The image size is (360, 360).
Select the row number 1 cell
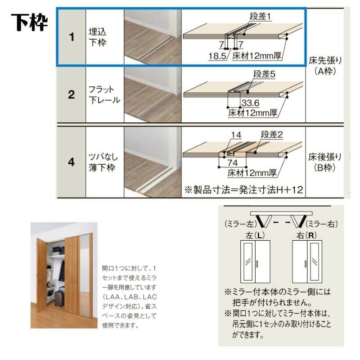point(71,37)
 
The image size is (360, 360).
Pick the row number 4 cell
point(71,162)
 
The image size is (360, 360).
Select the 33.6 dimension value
point(247,103)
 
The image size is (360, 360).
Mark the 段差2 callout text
point(272,135)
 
